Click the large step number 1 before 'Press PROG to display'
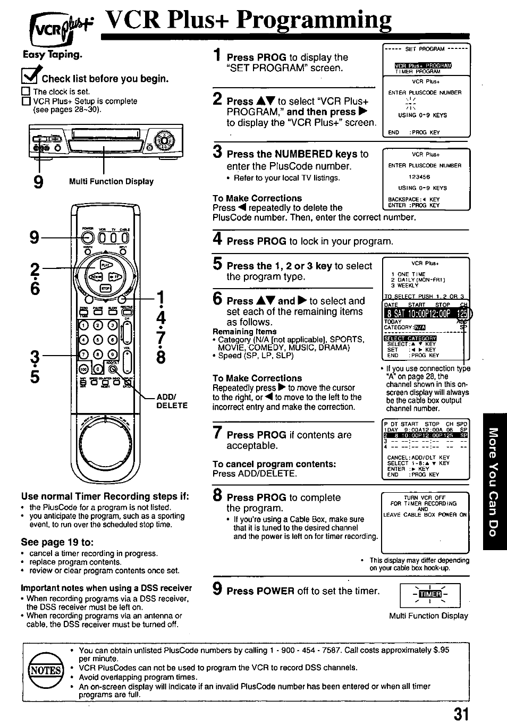(217, 56)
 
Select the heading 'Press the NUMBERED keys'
(292, 154)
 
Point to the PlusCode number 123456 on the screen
(419, 177)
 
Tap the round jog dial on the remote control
(105, 440)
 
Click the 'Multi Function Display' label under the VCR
(111, 181)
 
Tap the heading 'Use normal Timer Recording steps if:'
(105, 496)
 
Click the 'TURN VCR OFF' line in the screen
(425, 498)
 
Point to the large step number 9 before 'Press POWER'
(217, 589)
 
